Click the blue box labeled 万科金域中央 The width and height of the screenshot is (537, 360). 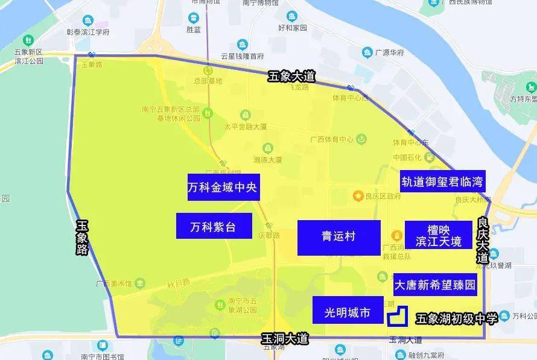(223, 188)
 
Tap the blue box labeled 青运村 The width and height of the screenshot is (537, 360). (338, 237)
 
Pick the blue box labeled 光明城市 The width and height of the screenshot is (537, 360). (348, 312)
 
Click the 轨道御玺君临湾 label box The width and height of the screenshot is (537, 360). (443, 181)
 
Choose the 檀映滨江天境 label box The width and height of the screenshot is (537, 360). (438, 235)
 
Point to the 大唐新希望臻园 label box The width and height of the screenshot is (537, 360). (435, 285)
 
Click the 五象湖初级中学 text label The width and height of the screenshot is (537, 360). (457, 318)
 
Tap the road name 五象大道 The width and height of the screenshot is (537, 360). (292, 77)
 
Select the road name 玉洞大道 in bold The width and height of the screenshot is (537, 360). (285, 339)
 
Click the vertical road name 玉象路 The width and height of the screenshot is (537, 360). (83, 237)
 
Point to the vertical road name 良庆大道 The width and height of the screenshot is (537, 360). (482, 239)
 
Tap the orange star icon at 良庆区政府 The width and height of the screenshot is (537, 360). (358, 195)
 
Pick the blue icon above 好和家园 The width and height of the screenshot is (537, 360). (292, 16)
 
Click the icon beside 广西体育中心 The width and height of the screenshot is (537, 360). (361, 139)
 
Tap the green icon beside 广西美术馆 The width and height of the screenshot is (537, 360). (140, 283)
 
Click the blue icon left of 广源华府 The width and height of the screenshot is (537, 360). (367, 52)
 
